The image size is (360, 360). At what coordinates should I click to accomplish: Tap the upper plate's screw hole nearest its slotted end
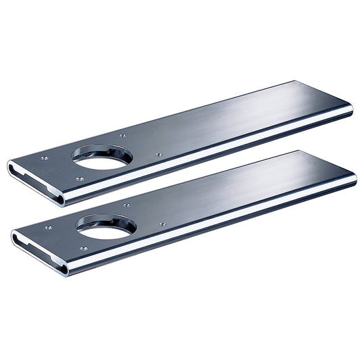(x=45, y=158)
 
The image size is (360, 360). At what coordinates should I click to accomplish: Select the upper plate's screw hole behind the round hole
(x=122, y=136)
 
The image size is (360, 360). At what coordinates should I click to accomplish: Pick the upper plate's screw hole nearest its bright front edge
(x=80, y=180)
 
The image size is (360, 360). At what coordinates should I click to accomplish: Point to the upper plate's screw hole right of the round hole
(x=159, y=155)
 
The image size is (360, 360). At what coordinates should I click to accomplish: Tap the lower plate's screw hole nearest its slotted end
(x=48, y=228)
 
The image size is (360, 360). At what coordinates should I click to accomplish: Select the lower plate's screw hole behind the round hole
(x=126, y=205)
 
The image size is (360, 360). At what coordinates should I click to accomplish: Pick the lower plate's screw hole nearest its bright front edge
(x=83, y=249)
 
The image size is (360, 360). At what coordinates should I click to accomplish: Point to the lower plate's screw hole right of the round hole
(x=162, y=224)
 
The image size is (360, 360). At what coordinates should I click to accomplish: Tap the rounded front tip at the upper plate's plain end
(x=351, y=110)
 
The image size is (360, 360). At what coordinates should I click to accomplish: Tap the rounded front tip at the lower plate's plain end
(x=354, y=180)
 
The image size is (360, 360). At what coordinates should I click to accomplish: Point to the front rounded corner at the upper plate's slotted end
(x=61, y=200)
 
